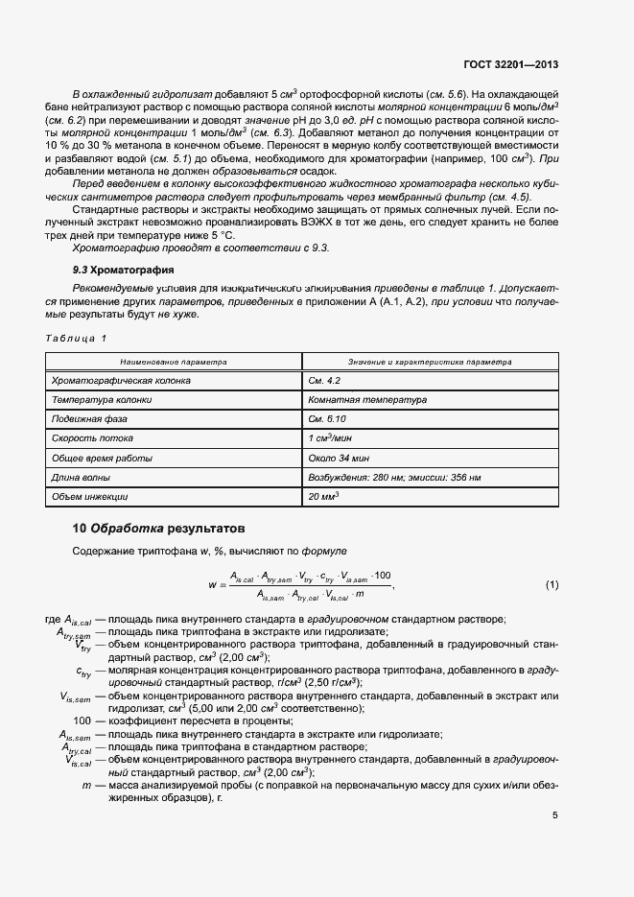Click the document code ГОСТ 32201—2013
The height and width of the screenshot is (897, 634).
(509, 65)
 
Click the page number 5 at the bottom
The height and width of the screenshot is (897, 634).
(555, 816)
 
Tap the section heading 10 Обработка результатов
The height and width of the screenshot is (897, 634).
(159, 528)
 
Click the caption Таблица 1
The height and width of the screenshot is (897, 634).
(78, 339)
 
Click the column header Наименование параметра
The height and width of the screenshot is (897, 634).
(174, 362)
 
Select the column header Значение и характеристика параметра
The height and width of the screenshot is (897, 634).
(430, 362)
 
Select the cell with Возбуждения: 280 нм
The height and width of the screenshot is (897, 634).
(394, 478)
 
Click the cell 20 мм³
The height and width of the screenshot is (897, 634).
(324, 497)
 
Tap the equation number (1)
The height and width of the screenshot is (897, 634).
(552, 584)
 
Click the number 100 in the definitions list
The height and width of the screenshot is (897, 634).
(82, 720)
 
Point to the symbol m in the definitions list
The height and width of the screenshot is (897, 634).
(86, 786)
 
